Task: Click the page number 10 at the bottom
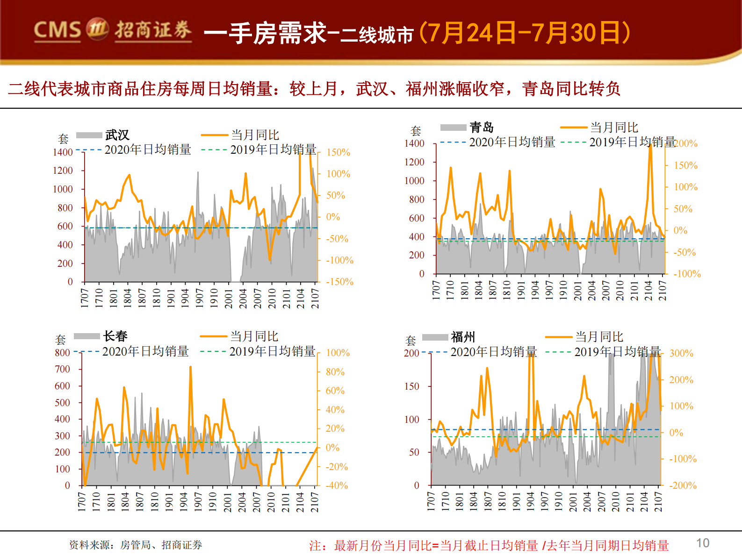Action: pos(702,543)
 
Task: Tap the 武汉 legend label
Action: pos(117,135)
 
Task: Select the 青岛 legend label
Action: pos(482,127)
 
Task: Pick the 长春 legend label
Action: pos(115,336)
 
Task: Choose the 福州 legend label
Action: pos(463,337)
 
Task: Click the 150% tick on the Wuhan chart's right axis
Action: pos(338,152)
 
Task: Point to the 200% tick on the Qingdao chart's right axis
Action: pos(686,143)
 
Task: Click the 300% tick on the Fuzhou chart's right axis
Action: pos(681,353)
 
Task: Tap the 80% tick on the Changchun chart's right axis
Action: pos(335,372)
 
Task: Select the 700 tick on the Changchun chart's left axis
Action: pos(62,369)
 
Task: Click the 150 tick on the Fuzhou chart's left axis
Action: pos(411,386)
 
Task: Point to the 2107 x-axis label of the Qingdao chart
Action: pos(663,290)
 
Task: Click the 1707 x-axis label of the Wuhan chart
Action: pos(85,298)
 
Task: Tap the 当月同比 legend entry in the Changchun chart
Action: pos(254,336)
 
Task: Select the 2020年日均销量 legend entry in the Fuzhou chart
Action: pos(493,352)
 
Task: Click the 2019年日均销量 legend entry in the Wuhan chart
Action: pos(273,150)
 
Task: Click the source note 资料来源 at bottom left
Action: pos(136,545)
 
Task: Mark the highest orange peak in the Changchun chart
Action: pos(190,368)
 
